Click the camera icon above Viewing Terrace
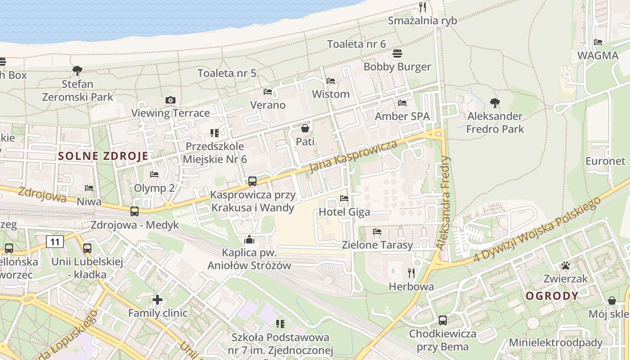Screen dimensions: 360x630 (170, 100)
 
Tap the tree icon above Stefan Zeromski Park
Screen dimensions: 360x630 (77, 70)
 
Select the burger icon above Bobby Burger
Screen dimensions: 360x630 (397, 54)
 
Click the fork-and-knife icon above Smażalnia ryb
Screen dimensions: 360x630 (422, 7)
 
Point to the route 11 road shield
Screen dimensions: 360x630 (55, 242)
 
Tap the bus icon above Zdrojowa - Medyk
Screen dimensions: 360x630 (134, 211)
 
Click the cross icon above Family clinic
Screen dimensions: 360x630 (157, 299)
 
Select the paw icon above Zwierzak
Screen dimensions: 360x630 (566, 265)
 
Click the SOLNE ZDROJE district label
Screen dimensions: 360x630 (103, 156)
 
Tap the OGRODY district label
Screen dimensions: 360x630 (552, 296)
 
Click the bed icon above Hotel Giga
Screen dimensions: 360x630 (344, 198)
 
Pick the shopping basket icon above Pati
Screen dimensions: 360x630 (305, 129)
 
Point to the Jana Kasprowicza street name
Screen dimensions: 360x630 (354, 156)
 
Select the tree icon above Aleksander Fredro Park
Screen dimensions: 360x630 (495, 103)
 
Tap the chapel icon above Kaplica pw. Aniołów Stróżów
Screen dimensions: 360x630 (249, 239)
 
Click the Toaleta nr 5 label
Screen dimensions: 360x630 (227, 73)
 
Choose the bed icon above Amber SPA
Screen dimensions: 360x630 (402, 103)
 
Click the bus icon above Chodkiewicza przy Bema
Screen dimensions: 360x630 (443, 320)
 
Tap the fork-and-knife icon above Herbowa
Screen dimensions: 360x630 (411, 273)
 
